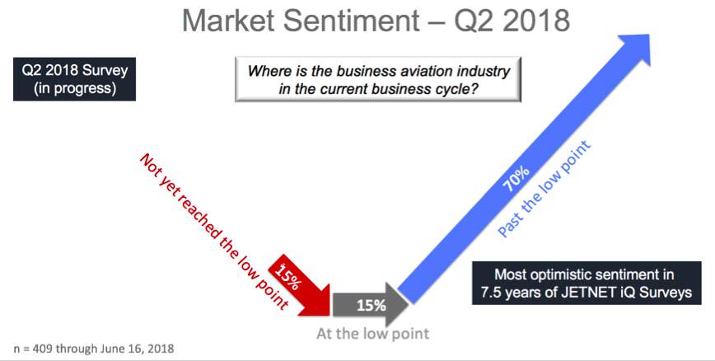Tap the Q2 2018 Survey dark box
point(74,79)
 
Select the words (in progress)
point(75,87)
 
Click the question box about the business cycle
point(377,79)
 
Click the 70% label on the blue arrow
point(516,178)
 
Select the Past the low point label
point(544,189)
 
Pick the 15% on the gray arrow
point(372,305)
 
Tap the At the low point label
point(373,334)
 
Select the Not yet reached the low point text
point(214,232)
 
